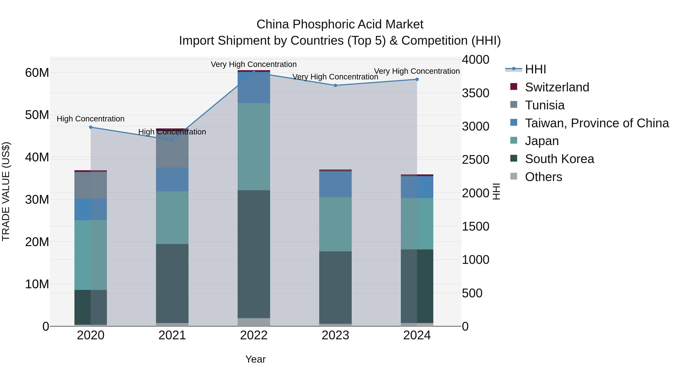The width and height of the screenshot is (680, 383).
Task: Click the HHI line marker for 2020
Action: [90, 127]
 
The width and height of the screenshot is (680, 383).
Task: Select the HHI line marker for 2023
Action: [335, 85]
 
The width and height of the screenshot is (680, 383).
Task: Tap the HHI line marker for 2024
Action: [417, 79]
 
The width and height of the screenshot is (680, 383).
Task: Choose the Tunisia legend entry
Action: [544, 105]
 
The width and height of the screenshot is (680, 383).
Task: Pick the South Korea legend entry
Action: [559, 159]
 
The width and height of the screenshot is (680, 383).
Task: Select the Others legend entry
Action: [543, 177]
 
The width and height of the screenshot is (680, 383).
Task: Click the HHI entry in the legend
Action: [535, 69]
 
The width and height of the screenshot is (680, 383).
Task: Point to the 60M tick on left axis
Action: [37, 73]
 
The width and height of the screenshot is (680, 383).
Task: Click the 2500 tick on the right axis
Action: [475, 160]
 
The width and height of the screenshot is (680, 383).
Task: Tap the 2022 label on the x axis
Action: [254, 335]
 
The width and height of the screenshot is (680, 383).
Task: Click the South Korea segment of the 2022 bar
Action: [254, 254]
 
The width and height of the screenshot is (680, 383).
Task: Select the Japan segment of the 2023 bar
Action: [335, 224]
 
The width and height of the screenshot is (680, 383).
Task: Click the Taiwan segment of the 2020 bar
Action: [90, 209]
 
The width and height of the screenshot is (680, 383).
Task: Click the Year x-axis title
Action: [255, 359]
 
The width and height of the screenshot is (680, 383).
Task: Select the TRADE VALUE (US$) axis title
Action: [6, 191]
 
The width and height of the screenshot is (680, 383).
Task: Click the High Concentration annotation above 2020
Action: [90, 119]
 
